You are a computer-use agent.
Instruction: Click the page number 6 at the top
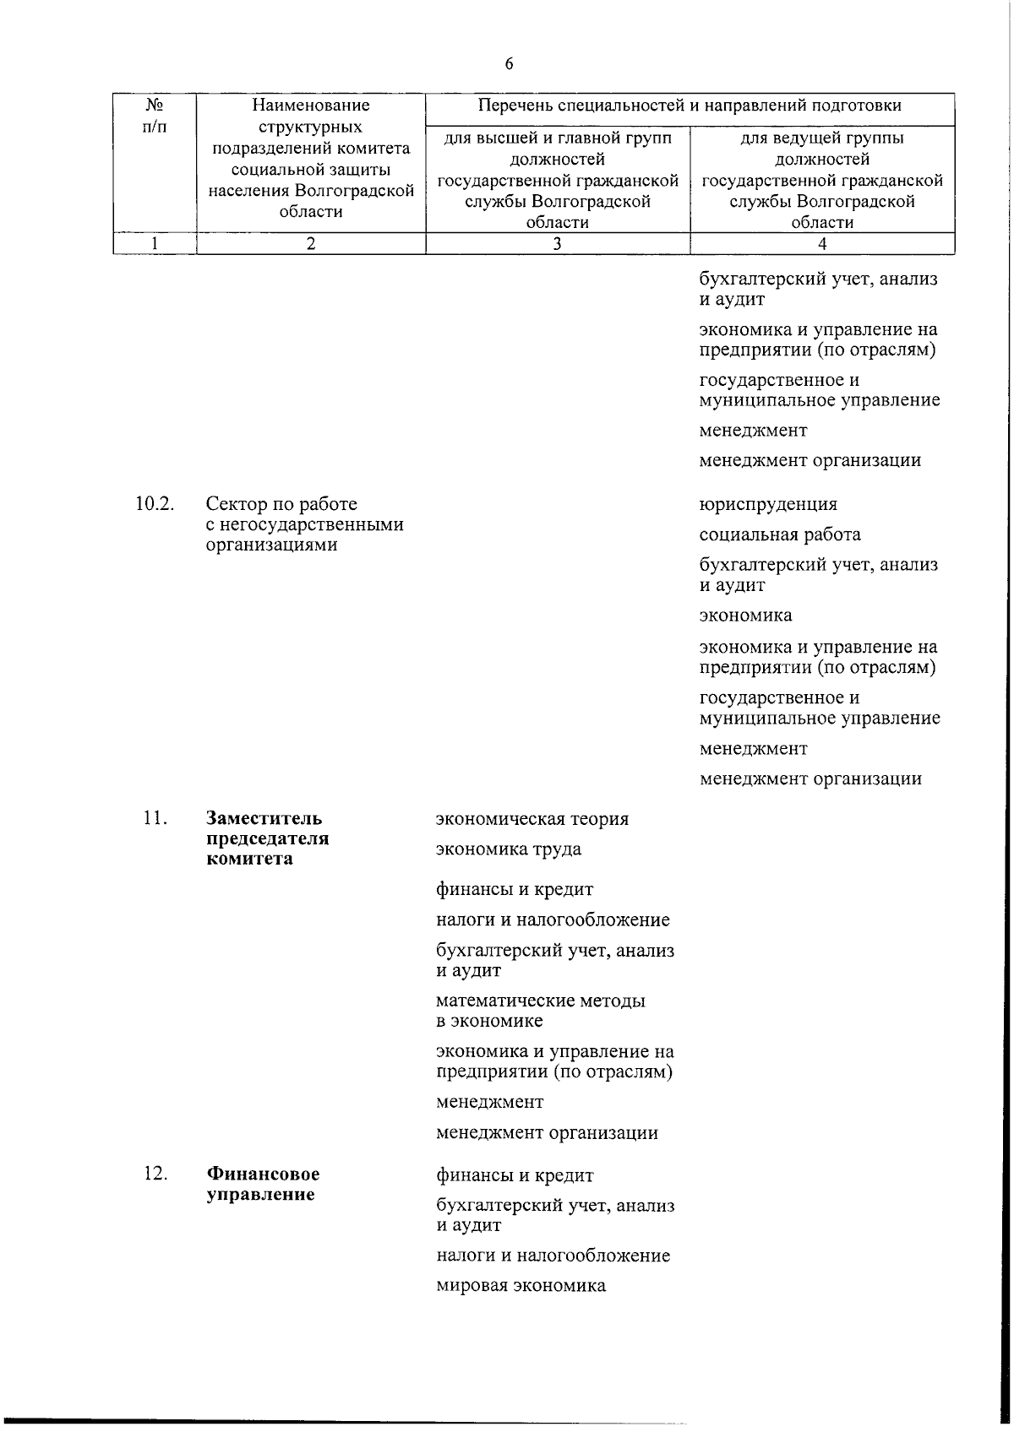coord(509,64)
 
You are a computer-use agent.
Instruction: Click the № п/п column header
coord(155,116)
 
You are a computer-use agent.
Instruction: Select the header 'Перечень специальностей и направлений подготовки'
coord(690,106)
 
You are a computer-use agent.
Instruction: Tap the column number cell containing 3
coord(557,244)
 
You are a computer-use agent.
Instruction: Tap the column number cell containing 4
coord(822,244)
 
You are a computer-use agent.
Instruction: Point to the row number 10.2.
coord(155,504)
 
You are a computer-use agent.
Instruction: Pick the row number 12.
coord(155,1174)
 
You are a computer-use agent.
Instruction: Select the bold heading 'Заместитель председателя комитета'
coord(267,838)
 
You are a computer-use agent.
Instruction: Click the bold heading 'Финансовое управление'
coord(263,1184)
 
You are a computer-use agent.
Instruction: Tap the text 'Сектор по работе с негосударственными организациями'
coord(304,524)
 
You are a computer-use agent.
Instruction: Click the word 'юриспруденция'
coord(768,504)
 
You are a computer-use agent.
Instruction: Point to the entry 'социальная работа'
coord(780,534)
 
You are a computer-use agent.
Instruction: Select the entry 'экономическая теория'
coord(532,819)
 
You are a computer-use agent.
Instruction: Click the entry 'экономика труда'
coord(509,849)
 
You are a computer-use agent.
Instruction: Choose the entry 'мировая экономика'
coord(521,1286)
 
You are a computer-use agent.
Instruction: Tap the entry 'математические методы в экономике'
coord(540,1011)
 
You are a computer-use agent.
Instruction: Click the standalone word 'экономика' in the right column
coord(745,616)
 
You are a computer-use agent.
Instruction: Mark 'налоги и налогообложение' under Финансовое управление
coord(553,1256)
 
